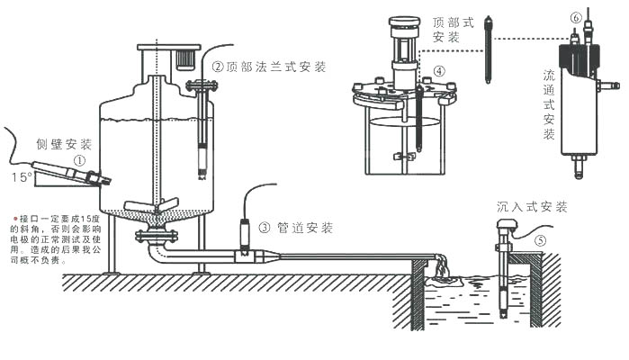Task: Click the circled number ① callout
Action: click(x=80, y=160)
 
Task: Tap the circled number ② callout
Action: click(x=218, y=67)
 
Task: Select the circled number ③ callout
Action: click(x=263, y=227)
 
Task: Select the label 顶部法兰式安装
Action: click(x=276, y=67)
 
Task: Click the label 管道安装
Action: click(x=306, y=227)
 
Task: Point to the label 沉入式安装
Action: click(x=532, y=207)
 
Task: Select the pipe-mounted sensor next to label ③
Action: click(x=245, y=236)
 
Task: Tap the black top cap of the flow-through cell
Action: click(x=577, y=57)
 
